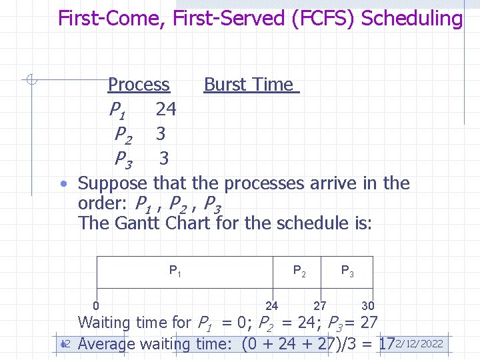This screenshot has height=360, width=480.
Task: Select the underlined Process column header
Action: point(139,85)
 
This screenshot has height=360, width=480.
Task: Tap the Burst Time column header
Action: point(250,85)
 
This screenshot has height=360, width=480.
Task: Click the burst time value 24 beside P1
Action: point(165,109)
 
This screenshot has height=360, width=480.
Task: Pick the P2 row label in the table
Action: point(123,135)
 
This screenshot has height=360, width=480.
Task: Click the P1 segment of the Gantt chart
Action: point(175,271)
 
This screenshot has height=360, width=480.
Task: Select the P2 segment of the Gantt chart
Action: point(300,271)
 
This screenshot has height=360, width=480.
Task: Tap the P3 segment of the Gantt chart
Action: point(347,271)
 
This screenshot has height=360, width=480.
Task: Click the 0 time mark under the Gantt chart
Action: point(97,306)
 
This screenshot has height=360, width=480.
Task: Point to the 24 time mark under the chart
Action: point(272,306)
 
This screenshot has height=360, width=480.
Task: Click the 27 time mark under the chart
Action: point(320,306)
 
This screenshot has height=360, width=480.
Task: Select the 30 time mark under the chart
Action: point(368,306)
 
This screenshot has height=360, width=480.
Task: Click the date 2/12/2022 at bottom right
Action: point(419,344)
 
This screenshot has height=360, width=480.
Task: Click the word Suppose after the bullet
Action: point(113,183)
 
